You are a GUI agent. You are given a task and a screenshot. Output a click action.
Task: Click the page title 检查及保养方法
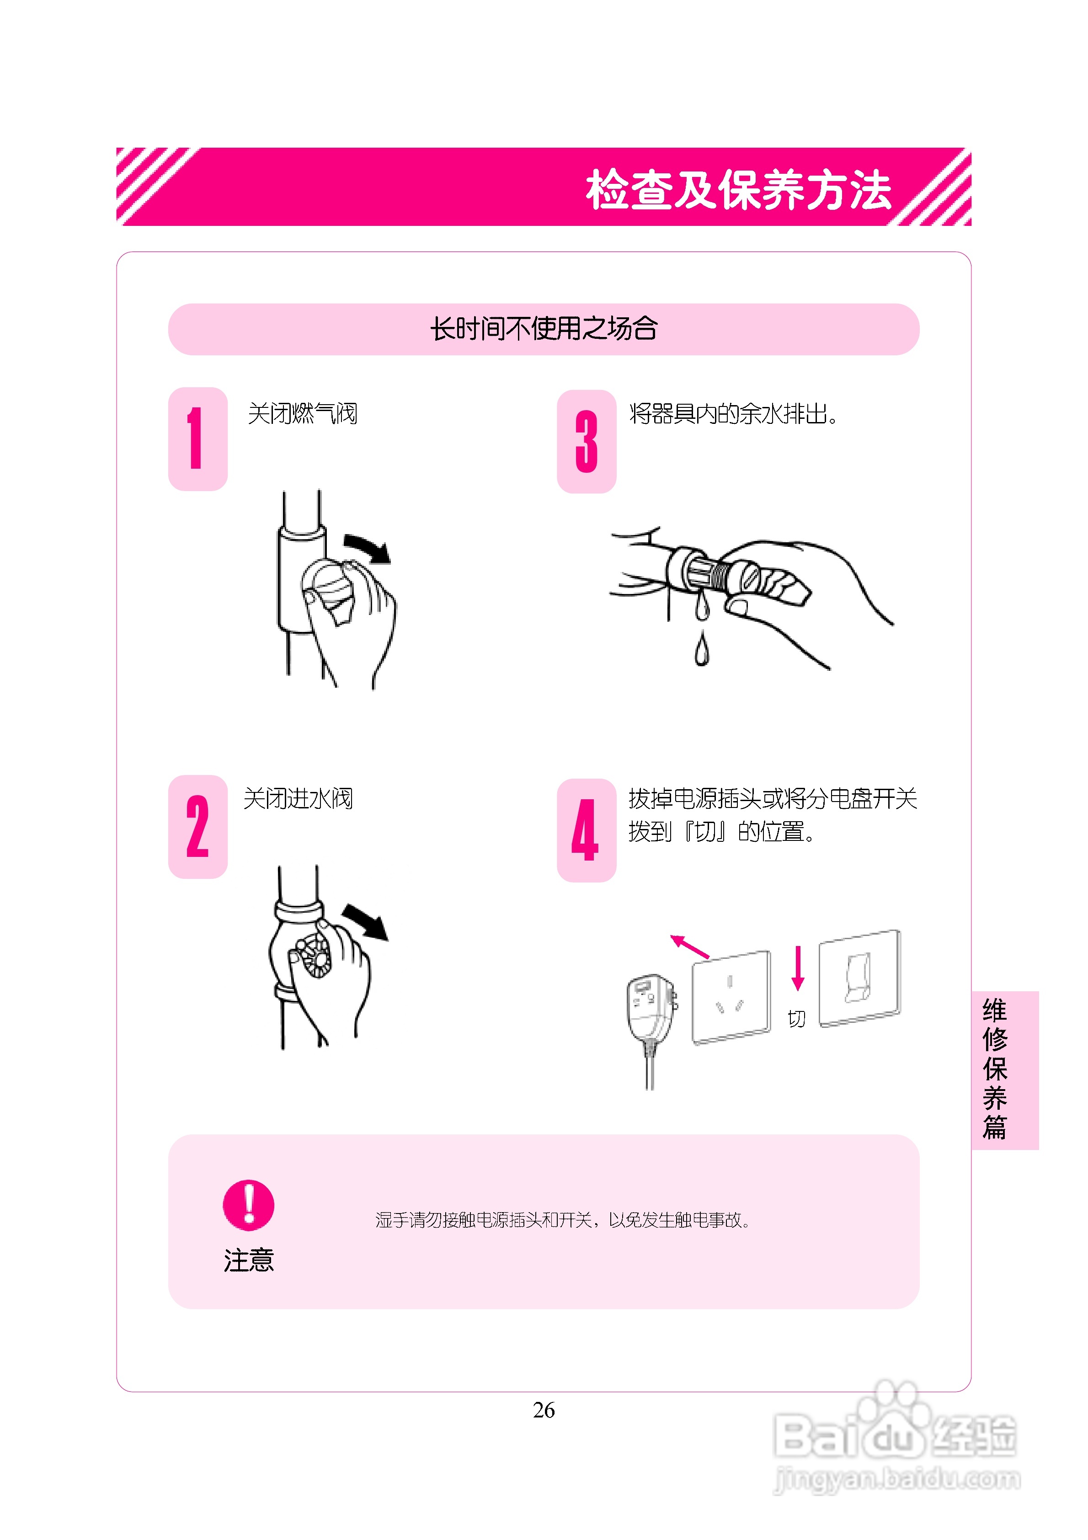click(x=739, y=189)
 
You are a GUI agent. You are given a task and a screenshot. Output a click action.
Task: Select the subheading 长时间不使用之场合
click(x=544, y=329)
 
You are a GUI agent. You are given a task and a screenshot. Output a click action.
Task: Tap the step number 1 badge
click(x=198, y=438)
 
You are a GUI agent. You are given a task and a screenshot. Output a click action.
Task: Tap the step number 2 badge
click(x=198, y=826)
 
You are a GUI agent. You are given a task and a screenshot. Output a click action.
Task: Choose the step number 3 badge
click(x=586, y=441)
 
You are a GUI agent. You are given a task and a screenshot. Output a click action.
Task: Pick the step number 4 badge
click(x=586, y=830)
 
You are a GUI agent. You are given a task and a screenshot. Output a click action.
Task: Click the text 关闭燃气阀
click(x=303, y=413)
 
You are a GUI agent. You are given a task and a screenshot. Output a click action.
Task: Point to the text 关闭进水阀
click(x=298, y=798)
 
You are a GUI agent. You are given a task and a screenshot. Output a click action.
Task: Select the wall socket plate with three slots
click(x=731, y=997)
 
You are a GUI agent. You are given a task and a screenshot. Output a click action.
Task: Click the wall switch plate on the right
click(x=860, y=978)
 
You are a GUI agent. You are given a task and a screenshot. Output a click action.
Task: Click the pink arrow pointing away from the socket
click(x=689, y=946)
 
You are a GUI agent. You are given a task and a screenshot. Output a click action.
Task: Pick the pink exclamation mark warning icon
click(x=248, y=1205)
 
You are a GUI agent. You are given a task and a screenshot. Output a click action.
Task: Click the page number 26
click(x=544, y=1410)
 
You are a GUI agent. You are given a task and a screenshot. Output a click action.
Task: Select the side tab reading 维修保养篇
click(x=1005, y=1070)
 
